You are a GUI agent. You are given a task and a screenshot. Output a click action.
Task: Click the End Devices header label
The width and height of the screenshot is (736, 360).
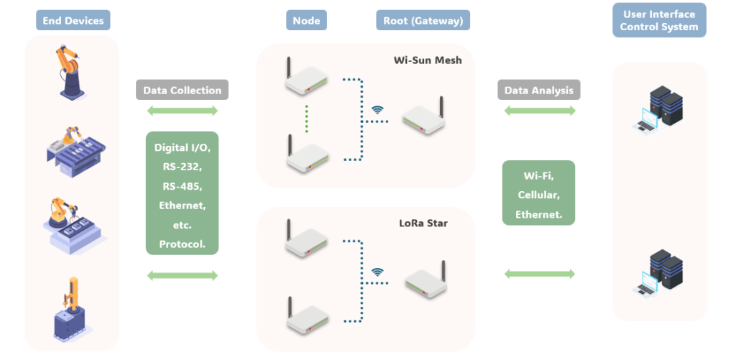coord(73,20)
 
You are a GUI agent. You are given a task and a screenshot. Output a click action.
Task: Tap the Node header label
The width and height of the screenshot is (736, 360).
coord(306,20)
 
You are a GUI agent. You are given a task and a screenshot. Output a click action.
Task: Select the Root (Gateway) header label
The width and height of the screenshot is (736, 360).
coord(423,20)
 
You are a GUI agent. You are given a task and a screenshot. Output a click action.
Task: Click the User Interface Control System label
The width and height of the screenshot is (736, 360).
coord(659,20)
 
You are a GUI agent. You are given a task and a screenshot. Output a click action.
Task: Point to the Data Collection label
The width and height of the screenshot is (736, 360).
coord(182,90)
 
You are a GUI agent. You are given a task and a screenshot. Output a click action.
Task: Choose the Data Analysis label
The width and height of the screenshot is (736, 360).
coord(539,90)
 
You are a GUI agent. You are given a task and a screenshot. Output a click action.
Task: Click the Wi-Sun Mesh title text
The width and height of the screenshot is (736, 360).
coord(428,60)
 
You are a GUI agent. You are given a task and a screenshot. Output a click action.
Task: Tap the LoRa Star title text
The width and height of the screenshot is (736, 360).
coord(423,223)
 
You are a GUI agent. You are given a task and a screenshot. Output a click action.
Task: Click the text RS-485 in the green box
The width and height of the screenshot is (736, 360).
coord(182,186)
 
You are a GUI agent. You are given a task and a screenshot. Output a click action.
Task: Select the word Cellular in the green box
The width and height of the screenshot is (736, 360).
coord(539,195)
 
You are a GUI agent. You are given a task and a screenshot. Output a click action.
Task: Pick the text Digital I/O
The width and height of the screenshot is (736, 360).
coord(182,147)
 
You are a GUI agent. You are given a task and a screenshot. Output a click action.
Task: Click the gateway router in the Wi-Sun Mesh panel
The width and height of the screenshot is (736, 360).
coord(424,115)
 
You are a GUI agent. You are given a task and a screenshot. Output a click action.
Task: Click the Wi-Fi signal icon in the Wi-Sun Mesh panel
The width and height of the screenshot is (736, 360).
coord(377,110)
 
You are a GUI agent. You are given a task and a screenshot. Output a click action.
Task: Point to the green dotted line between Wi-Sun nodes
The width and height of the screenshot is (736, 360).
coord(307,118)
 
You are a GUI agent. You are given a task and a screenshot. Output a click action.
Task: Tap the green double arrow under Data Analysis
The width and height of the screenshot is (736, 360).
coord(539,111)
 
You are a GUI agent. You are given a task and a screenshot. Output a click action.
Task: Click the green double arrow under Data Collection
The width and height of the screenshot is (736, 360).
coord(182,111)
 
